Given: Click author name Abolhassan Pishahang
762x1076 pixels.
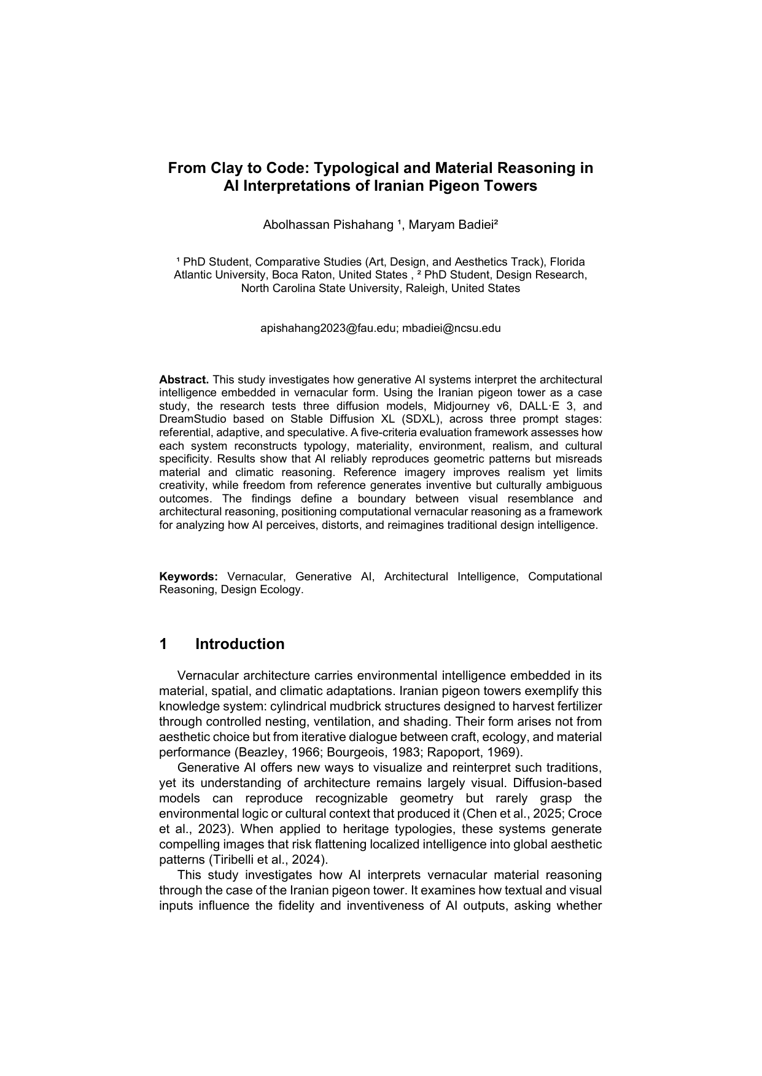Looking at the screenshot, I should pos(328,225).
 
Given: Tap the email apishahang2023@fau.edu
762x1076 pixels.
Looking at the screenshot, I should pos(329,328).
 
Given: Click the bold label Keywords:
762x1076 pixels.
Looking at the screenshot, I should pos(189,577).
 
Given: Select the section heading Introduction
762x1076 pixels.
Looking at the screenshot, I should pos(239,644).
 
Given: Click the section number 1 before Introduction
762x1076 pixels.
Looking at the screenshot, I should pos(163,644).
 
